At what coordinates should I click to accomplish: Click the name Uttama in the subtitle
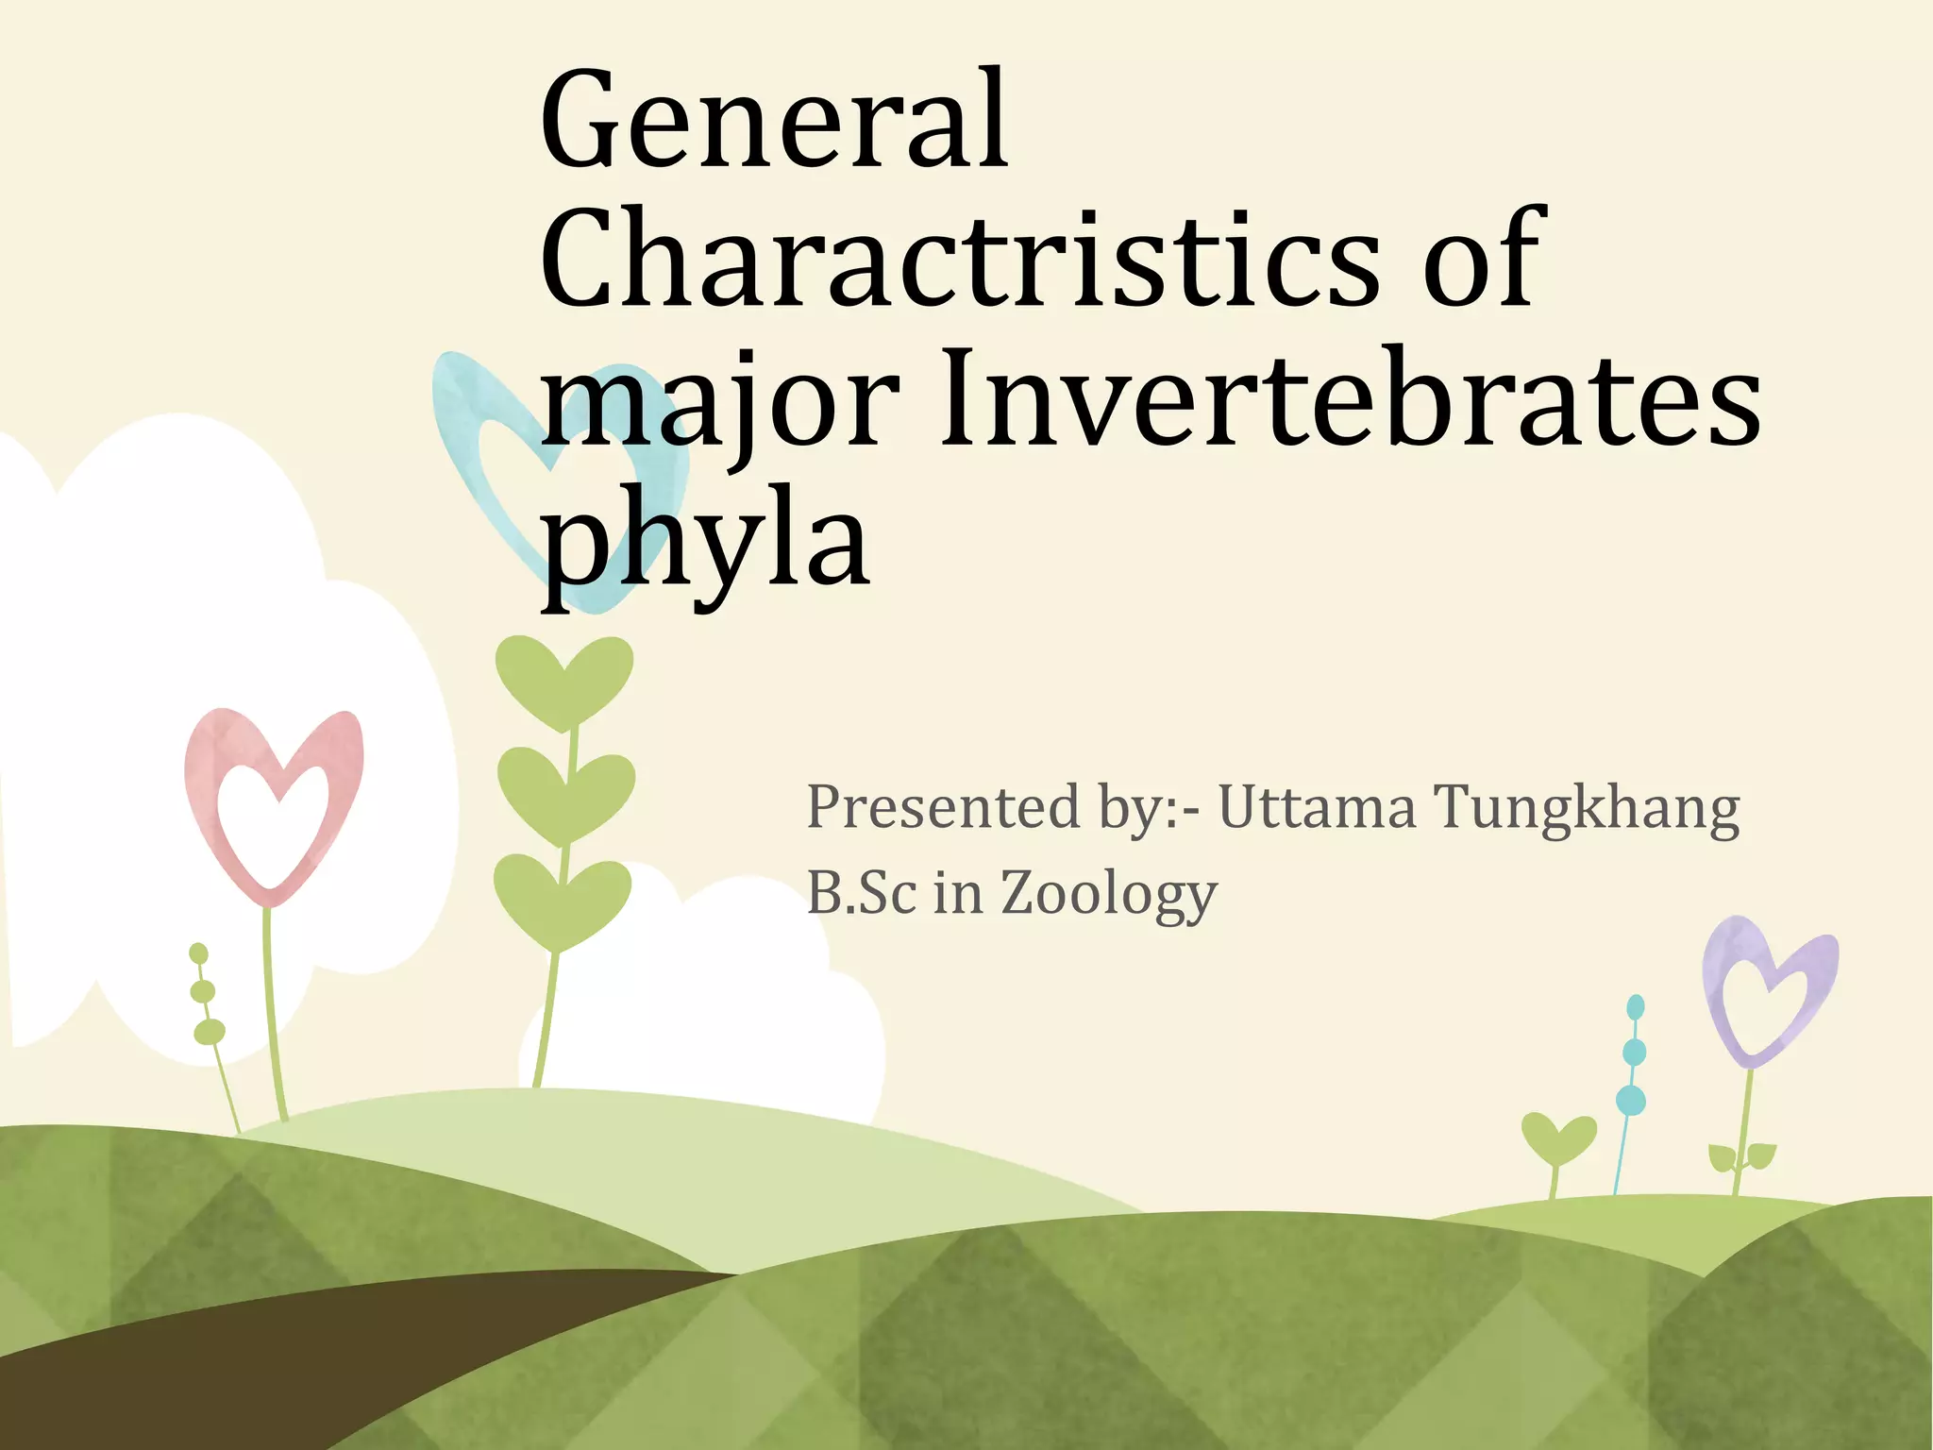point(1317,808)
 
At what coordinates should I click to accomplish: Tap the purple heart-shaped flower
point(1769,991)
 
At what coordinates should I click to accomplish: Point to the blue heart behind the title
point(491,444)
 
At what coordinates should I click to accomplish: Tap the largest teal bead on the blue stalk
point(1631,1100)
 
